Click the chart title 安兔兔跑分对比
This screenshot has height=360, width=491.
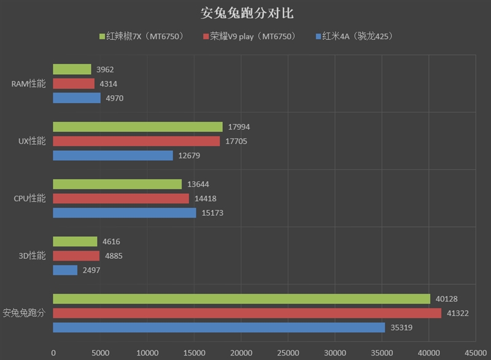click(x=245, y=13)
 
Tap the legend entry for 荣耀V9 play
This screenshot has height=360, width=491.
click(x=248, y=37)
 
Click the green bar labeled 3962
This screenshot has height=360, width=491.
click(x=72, y=69)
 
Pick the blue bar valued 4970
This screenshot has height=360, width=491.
click(x=77, y=98)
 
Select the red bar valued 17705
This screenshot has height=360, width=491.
click(x=136, y=141)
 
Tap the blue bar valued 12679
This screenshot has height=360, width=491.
click(x=113, y=155)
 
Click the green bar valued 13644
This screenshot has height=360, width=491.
click(x=117, y=184)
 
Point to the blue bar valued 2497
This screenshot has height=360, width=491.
click(x=65, y=270)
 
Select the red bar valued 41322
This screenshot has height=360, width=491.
click(x=247, y=313)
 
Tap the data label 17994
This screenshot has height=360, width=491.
click(x=239, y=127)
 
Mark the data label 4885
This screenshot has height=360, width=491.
click(x=114, y=256)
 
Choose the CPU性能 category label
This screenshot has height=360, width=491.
click(x=29, y=198)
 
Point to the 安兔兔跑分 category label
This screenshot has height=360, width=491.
click(x=24, y=313)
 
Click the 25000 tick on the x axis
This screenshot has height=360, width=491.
click(x=288, y=353)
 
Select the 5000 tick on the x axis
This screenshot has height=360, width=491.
click(x=100, y=353)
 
